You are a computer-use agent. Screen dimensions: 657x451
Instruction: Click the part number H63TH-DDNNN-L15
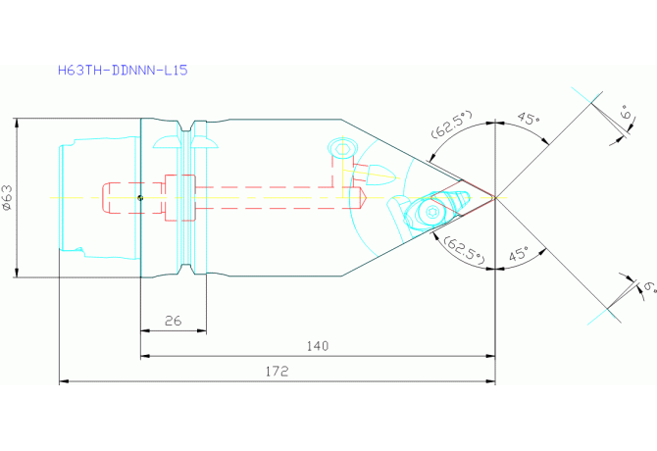(x=123, y=70)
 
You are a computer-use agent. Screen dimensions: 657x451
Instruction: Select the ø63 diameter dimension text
(x=8, y=198)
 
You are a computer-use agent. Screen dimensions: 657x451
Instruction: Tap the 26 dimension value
(x=173, y=321)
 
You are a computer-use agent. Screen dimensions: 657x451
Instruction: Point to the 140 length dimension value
(x=318, y=346)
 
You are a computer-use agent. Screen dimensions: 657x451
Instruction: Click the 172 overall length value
(x=277, y=371)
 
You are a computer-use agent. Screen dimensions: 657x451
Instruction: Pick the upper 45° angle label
(x=528, y=119)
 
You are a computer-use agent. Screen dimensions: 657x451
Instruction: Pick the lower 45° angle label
(x=519, y=254)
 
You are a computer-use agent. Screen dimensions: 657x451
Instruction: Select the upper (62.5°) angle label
(x=452, y=124)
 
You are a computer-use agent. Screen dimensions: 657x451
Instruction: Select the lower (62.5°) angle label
(x=464, y=250)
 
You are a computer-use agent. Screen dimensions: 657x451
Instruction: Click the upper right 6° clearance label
(x=628, y=112)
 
